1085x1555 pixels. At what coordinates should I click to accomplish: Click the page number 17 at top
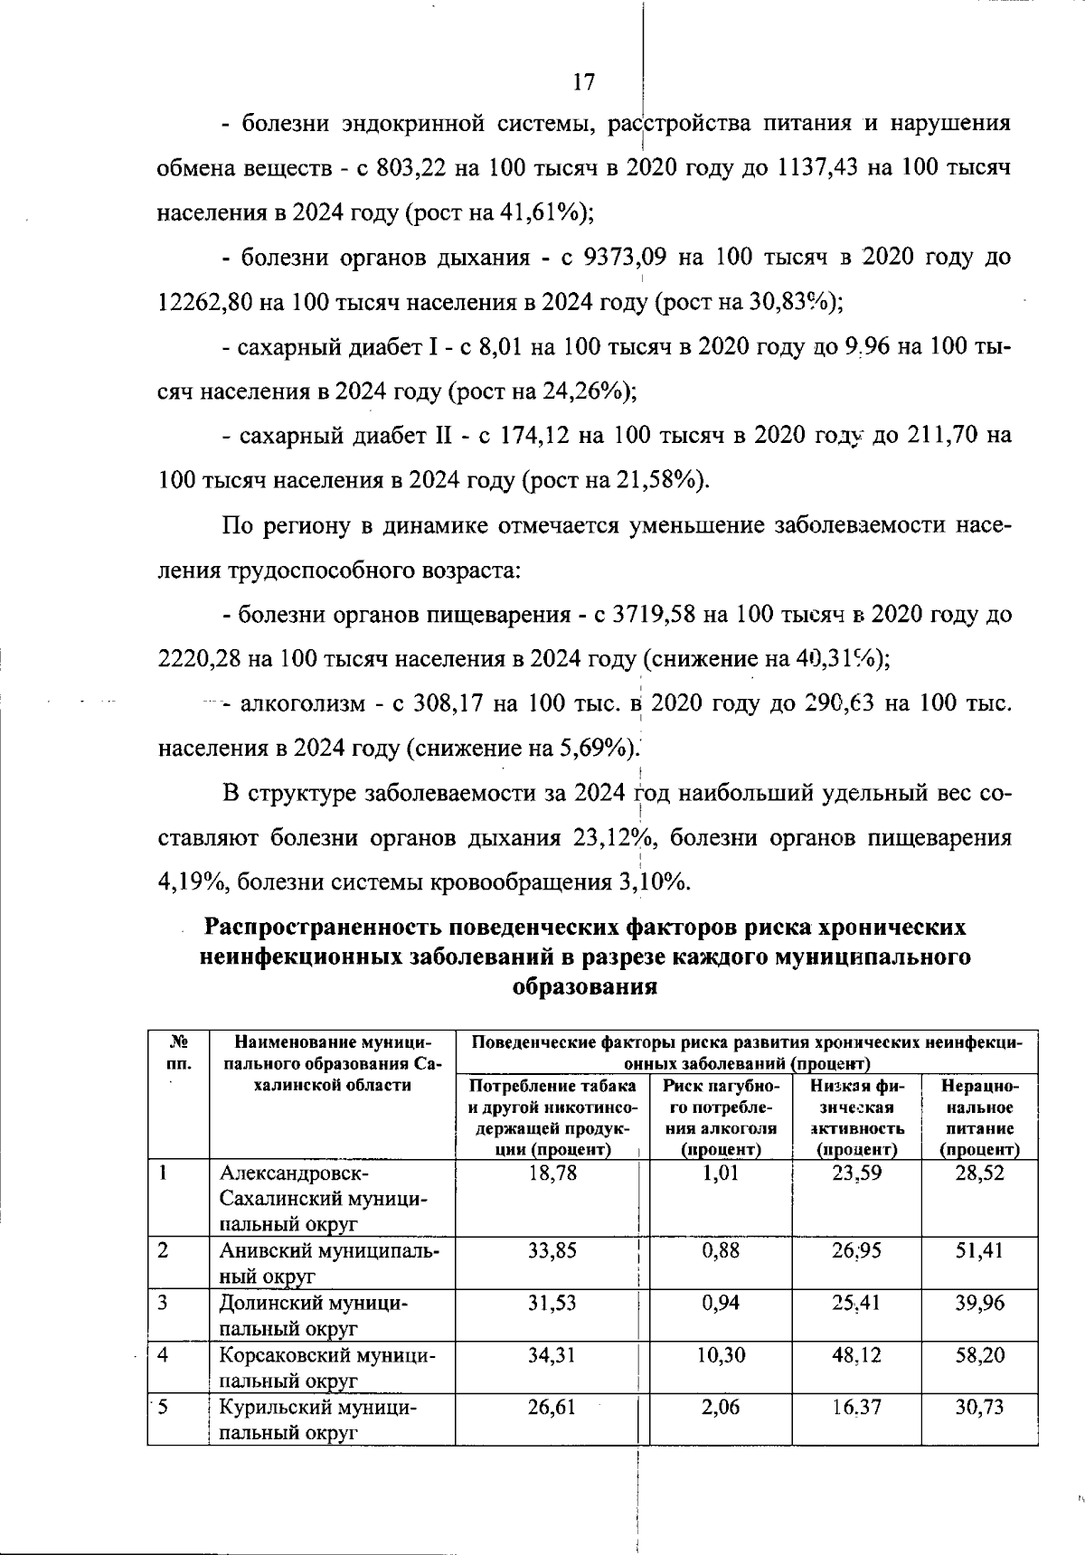(584, 82)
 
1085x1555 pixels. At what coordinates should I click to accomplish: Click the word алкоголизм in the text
(302, 704)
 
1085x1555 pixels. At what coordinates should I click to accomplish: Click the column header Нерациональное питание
(980, 1117)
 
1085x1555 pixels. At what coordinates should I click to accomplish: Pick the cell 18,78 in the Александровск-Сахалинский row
(552, 1173)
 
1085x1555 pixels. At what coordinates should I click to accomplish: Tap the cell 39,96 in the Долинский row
(980, 1304)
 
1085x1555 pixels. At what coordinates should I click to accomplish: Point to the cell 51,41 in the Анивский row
(980, 1251)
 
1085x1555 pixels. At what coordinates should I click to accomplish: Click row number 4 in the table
(163, 1356)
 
